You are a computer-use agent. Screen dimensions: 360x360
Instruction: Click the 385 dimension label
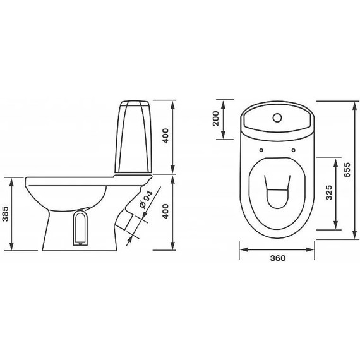pos(6,213)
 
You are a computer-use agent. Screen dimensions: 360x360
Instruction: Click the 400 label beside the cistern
pos(165,136)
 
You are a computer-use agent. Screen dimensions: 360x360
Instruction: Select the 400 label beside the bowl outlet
pos(165,211)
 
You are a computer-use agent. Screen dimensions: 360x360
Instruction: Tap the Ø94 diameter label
pos(145,200)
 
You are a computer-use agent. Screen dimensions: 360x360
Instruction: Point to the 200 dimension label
pos(216,119)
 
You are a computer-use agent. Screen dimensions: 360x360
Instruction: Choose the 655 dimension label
pos(347,170)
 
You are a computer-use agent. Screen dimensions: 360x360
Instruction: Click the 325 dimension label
pos(329,193)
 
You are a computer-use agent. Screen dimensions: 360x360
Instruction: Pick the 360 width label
pos(278,258)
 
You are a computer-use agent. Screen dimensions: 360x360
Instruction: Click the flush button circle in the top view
pos(277,117)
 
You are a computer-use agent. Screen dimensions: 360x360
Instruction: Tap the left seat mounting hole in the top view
pos(261,150)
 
